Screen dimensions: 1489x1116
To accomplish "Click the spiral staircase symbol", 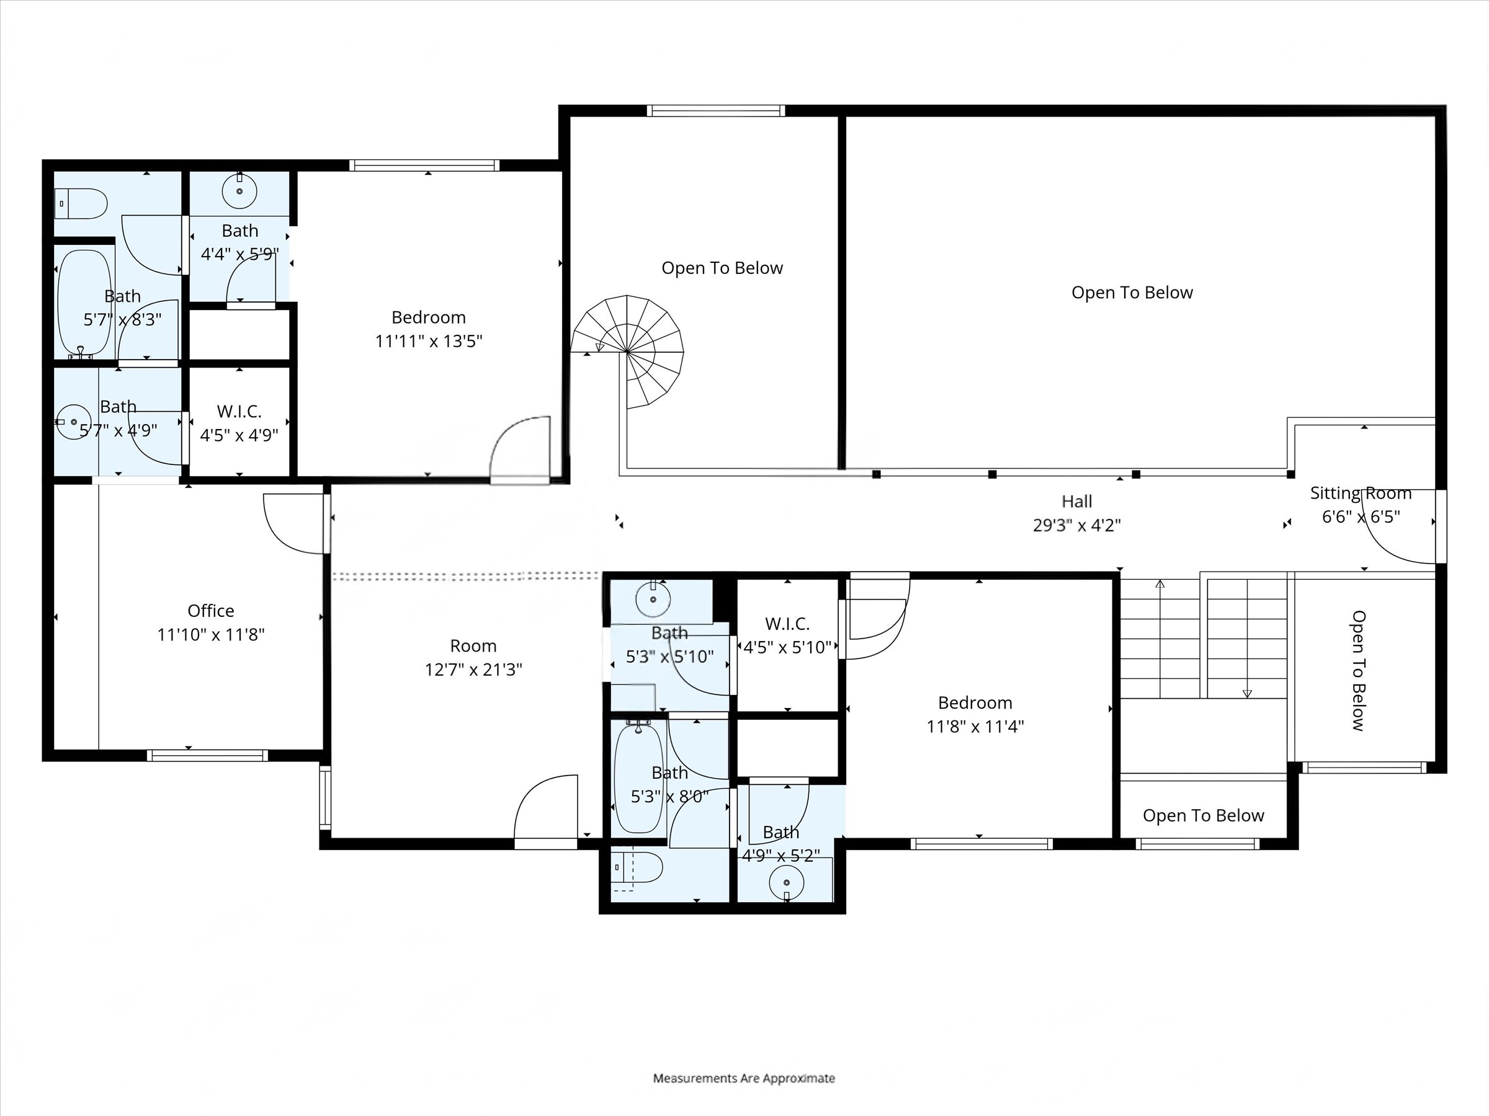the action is [627, 352].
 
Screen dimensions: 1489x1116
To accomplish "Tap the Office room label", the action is [211, 610].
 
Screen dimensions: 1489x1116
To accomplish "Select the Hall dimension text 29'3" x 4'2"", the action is [1076, 525].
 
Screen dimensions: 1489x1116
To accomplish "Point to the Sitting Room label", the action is [1361, 493].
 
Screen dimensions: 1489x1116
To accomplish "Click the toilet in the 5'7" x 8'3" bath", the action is [81, 203].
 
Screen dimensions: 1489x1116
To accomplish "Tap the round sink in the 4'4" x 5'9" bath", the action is [239, 191].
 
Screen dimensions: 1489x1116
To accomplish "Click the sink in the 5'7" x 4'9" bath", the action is [73, 422].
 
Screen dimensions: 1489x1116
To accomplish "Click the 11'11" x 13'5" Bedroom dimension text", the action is [429, 341].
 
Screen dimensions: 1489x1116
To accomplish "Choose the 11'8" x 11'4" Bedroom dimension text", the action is [975, 726].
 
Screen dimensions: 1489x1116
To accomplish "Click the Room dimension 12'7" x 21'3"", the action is [473, 670].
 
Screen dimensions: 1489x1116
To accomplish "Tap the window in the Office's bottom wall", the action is [207, 755].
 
